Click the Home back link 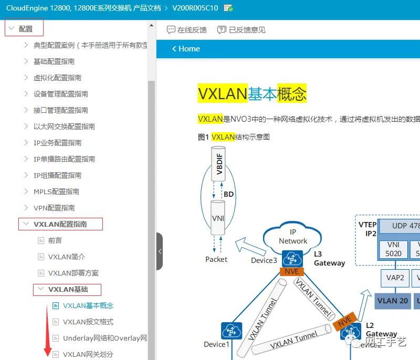tap(186, 49)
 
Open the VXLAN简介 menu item tap(66, 257)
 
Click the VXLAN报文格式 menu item tap(88, 322)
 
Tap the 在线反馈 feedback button tap(187, 30)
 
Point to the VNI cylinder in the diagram tap(217, 218)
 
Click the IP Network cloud tap(293, 237)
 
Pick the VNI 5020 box tap(394, 249)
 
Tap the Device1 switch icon tap(232, 331)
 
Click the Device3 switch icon tap(291, 259)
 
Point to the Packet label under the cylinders tap(216, 259)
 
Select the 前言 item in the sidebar tap(55, 240)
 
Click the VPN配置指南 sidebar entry tap(54, 208)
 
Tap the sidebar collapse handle tap(160, 251)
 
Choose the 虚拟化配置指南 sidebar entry tap(57, 78)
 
